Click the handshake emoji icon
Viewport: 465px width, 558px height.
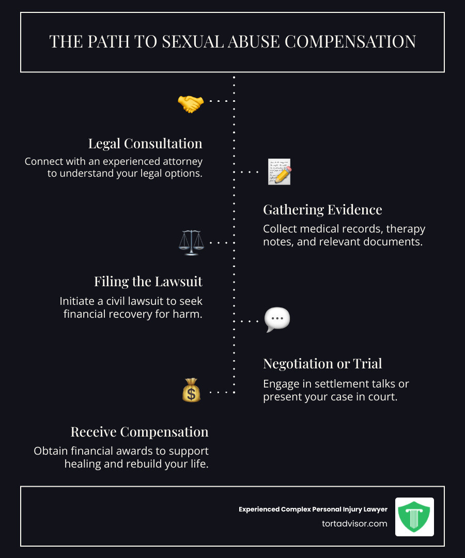coord(190,104)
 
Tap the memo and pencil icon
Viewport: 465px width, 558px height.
coord(280,172)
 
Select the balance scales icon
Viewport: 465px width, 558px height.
coord(191,242)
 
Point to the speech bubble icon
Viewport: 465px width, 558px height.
coord(277,320)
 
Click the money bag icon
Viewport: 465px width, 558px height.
coord(191,391)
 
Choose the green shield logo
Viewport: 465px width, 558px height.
coord(414,517)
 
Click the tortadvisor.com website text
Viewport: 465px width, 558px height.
coord(354,523)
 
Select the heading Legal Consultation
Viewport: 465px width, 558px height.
coord(145,143)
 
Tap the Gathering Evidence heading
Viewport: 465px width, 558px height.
coord(322,210)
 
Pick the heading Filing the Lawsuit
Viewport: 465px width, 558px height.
coord(148,282)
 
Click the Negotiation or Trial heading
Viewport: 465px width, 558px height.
coord(322,364)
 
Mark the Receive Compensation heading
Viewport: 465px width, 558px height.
coord(139,432)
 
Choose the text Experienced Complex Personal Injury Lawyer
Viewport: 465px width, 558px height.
coord(313,509)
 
